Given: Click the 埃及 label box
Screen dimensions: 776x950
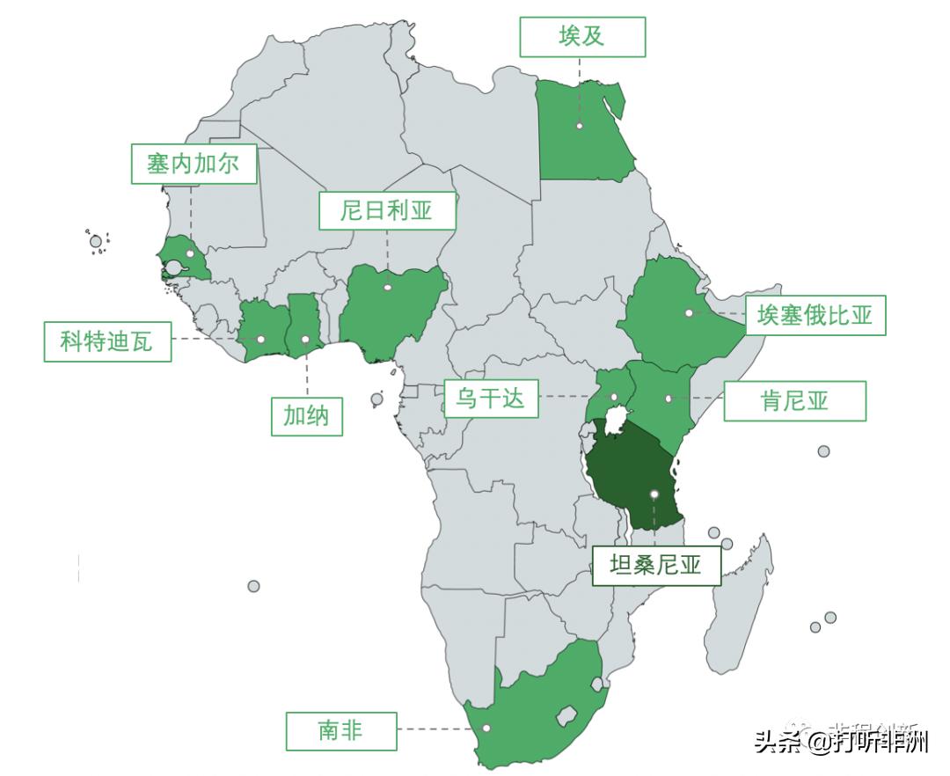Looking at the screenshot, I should click(581, 37).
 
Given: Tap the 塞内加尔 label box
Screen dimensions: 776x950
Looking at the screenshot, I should click(194, 164).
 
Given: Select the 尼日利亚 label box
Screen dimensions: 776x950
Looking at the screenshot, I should click(387, 210).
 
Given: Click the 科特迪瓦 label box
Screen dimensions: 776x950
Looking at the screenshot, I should click(107, 341).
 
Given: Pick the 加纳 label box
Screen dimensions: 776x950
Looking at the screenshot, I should click(306, 416).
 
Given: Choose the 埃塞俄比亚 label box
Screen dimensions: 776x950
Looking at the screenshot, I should click(815, 315).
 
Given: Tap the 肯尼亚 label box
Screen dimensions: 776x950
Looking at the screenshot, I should click(795, 401).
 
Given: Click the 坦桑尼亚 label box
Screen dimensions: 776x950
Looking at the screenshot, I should click(655, 565).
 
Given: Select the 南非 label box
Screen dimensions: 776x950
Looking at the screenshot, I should click(340, 729).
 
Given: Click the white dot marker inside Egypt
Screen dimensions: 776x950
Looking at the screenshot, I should click(580, 126).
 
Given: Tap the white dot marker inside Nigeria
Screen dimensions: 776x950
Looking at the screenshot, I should click(387, 287).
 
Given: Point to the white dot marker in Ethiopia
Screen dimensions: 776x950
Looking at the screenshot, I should click(689, 312).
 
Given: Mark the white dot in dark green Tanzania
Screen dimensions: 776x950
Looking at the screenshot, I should click(654, 494).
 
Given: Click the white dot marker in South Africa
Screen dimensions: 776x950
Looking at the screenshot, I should click(486, 728).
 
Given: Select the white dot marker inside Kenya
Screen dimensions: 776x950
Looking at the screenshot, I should click(669, 399).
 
